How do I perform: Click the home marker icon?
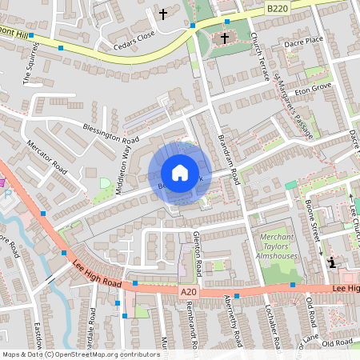pyautogui.click(x=179, y=173)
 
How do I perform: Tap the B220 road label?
pyautogui.click(x=278, y=7)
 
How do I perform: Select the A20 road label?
pyautogui.click(x=188, y=293)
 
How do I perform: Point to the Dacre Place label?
pyautogui.click(x=304, y=39)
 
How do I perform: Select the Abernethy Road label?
pyautogui.click(x=228, y=324)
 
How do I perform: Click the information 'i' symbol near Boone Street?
pyautogui.click(x=331, y=262)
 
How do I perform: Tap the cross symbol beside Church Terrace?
pyautogui.click(x=225, y=38)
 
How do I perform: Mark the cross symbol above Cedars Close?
pyautogui.click(x=163, y=14)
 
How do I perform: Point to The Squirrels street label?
pyautogui.click(x=24, y=70)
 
